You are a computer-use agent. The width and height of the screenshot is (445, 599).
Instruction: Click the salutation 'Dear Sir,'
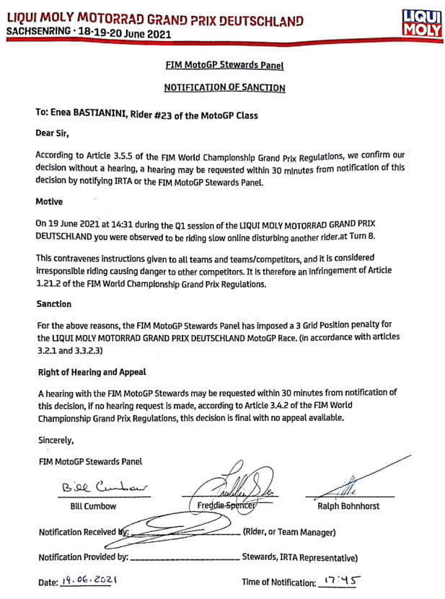53,133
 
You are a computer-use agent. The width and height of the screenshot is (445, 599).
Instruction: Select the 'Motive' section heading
50,202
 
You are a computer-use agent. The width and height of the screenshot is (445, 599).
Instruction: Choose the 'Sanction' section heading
54,304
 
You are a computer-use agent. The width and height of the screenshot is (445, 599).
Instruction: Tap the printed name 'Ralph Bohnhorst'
349,506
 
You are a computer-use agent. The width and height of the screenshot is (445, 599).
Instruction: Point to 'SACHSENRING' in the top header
39,32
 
